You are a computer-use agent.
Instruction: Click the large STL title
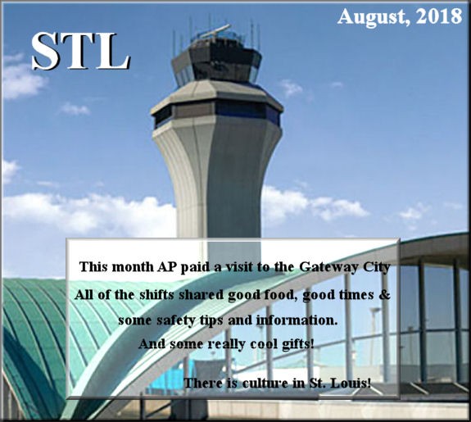80,51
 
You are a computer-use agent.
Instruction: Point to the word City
377,267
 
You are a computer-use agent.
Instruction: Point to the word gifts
297,344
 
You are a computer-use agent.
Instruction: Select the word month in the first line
133,267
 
